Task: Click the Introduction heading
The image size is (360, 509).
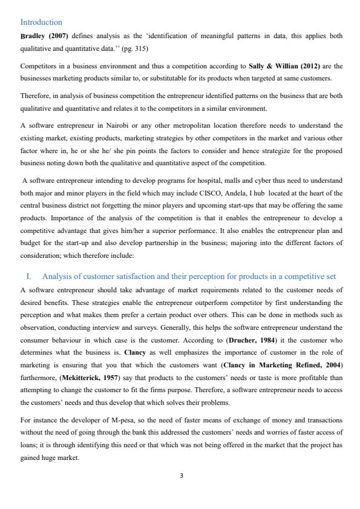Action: pos(41,22)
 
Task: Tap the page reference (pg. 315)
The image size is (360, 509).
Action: pos(136,48)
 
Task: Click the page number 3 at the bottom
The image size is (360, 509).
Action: pos(180,476)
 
